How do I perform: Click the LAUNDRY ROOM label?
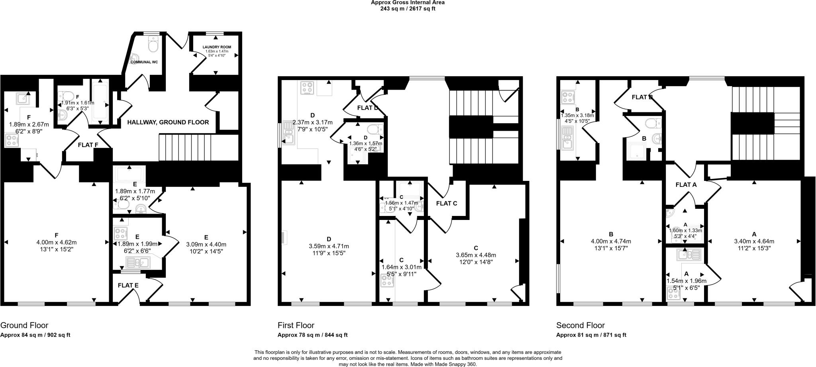pyautogui.click(x=217, y=47)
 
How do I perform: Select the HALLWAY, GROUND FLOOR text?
pyautogui.click(x=168, y=122)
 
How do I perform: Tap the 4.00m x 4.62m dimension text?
pyautogui.click(x=56, y=242)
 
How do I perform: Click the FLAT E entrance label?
pyautogui.click(x=128, y=285)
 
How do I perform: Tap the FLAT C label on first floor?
pyautogui.click(x=446, y=203)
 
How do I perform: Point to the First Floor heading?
pyautogui.click(x=296, y=325)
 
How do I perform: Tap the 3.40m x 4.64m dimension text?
pyautogui.click(x=754, y=241)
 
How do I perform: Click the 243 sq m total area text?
pyautogui.click(x=408, y=8)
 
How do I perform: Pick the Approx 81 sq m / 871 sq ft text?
pyautogui.click(x=591, y=335)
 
